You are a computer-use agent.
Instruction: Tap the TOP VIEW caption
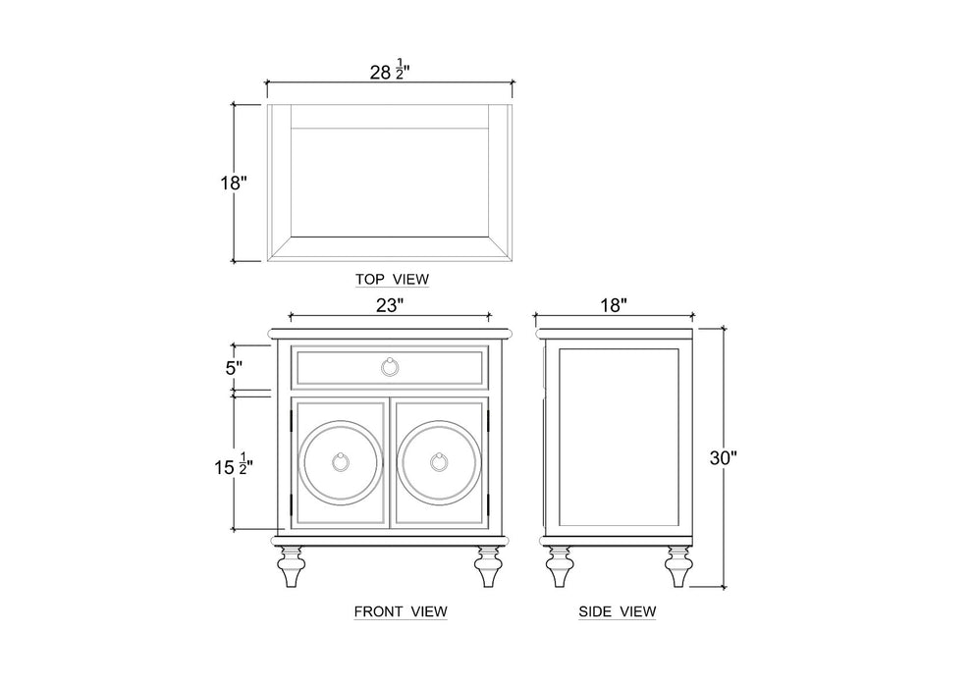click(392, 280)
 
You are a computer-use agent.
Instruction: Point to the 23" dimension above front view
click(390, 305)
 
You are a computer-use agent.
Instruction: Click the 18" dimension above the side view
click(613, 305)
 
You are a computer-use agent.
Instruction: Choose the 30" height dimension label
click(723, 457)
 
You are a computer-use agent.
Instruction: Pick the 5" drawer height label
click(234, 368)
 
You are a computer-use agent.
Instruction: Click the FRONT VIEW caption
click(401, 611)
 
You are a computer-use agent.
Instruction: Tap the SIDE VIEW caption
click(617, 611)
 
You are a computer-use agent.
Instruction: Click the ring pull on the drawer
click(391, 367)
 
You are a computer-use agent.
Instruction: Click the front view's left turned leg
click(291, 566)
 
